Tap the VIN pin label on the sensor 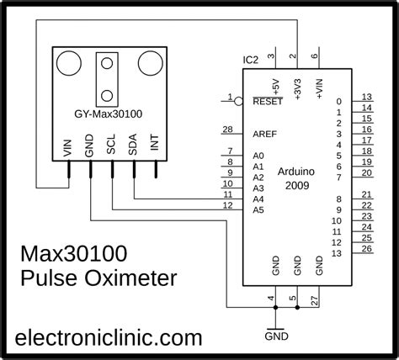point(68,149)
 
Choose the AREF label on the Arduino point(263,132)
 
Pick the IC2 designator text point(250,60)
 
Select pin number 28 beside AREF point(226,129)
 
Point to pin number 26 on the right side point(366,248)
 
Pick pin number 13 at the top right point(366,97)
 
